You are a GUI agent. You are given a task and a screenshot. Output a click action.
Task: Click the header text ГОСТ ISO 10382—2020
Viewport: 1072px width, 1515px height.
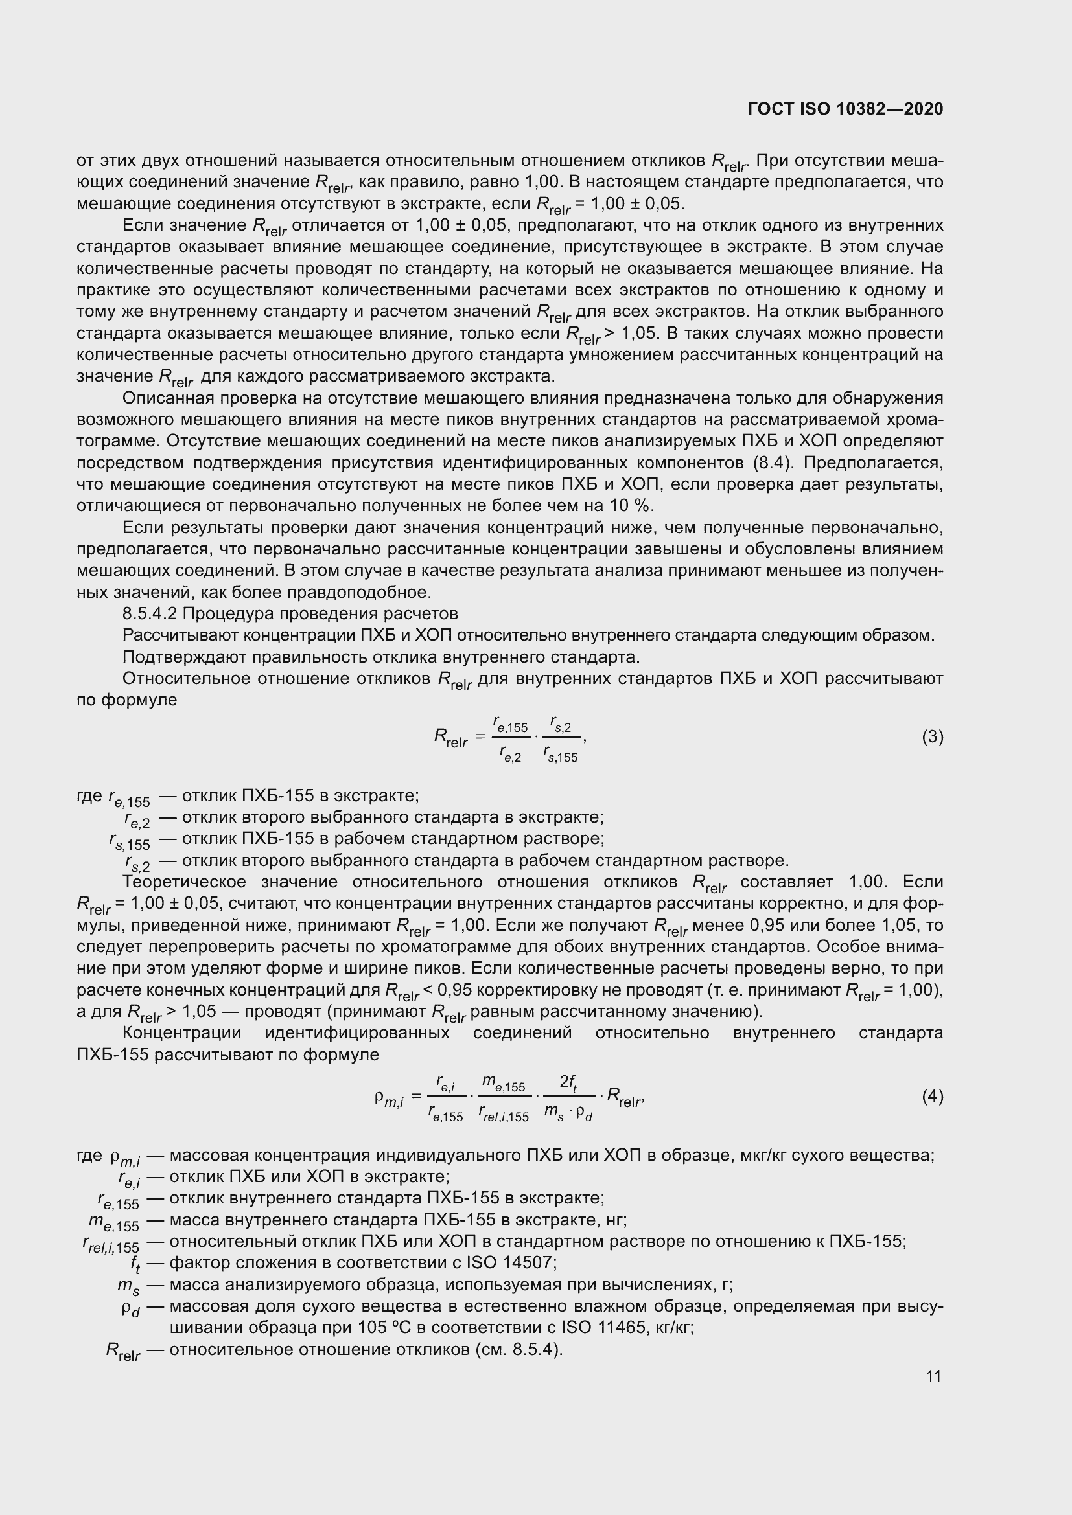[x=845, y=109]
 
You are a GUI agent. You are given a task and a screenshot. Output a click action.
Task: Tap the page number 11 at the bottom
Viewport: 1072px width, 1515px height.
[x=933, y=1376]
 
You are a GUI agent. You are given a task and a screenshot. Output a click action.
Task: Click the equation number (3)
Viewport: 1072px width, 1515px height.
[x=932, y=736]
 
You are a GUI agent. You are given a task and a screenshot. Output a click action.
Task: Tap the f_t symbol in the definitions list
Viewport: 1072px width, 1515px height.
[x=135, y=1264]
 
